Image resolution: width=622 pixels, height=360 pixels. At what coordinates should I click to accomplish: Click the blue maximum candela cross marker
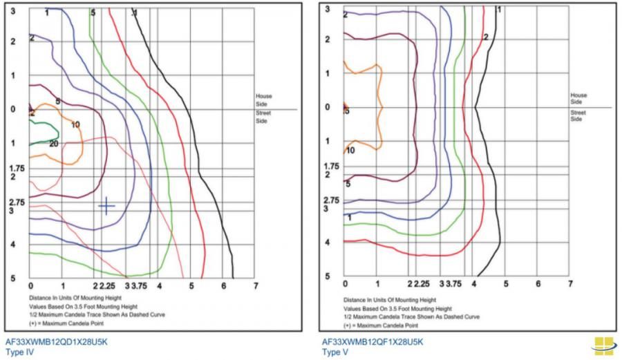(106, 205)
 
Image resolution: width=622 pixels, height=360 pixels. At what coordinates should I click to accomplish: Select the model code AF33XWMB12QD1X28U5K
(56, 341)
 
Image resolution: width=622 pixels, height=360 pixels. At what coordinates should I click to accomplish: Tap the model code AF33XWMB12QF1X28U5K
(372, 341)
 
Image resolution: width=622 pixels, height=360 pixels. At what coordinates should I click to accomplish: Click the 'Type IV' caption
(19, 351)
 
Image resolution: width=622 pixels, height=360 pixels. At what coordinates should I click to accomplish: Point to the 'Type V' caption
(334, 351)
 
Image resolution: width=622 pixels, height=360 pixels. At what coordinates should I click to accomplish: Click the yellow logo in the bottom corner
(603, 345)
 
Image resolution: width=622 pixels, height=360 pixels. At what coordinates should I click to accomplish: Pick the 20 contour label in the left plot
(53, 144)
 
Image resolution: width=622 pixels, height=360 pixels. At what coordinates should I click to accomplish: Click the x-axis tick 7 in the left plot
(256, 285)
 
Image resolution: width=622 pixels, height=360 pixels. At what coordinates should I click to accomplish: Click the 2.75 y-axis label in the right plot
(332, 200)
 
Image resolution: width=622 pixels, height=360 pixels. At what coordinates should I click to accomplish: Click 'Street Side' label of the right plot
(578, 115)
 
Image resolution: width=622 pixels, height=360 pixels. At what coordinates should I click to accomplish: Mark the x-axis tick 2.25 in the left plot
(107, 285)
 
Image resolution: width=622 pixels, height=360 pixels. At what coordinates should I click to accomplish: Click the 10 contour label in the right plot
(350, 150)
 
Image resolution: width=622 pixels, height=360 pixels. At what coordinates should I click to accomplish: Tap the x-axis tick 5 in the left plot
(191, 285)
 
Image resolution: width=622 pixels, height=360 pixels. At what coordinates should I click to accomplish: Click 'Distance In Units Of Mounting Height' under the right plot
(389, 300)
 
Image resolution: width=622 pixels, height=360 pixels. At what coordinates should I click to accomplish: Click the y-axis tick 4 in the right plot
(328, 242)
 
